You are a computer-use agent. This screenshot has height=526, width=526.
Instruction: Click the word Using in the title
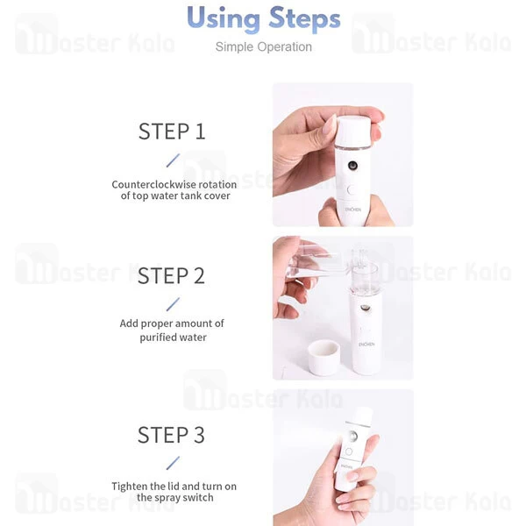(224, 18)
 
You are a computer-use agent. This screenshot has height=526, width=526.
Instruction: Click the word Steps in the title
(304, 18)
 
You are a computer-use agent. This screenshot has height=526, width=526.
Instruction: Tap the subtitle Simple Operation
(264, 47)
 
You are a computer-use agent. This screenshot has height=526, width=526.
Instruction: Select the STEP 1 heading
(172, 131)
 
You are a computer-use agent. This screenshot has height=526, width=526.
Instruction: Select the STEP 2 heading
(171, 276)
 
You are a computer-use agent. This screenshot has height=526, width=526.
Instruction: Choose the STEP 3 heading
(171, 435)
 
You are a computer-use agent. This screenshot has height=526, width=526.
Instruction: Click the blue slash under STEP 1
(173, 160)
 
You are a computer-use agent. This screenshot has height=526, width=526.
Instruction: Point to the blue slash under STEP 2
(173, 304)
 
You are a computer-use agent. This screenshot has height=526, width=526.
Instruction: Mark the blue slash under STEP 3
(173, 463)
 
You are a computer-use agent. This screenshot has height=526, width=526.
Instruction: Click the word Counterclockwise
(153, 184)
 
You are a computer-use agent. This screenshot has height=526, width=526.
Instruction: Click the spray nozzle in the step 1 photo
(352, 165)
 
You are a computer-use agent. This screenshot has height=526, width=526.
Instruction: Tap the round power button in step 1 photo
(352, 190)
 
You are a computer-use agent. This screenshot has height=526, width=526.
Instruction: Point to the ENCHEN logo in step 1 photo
(353, 210)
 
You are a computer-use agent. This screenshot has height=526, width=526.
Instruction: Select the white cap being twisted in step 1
(354, 132)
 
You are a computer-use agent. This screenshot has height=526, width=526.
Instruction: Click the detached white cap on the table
(323, 358)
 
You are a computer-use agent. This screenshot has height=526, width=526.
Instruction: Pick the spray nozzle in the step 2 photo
(365, 308)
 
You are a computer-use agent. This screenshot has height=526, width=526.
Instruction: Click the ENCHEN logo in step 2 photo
(366, 345)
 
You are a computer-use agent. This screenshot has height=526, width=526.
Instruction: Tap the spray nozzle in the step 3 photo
(352, 436)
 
